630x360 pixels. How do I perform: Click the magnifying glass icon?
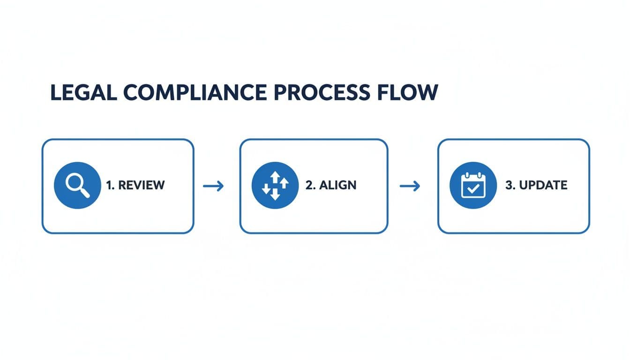77,186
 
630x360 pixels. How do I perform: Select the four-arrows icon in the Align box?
275,186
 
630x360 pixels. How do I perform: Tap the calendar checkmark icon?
472,186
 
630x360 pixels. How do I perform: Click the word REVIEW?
141,185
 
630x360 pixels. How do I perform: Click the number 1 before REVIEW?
109,185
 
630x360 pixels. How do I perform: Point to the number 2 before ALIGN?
309,185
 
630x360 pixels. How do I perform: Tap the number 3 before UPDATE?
509,185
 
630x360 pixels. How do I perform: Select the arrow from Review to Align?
213,186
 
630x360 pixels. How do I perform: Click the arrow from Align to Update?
409,186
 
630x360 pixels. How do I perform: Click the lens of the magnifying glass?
74,182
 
